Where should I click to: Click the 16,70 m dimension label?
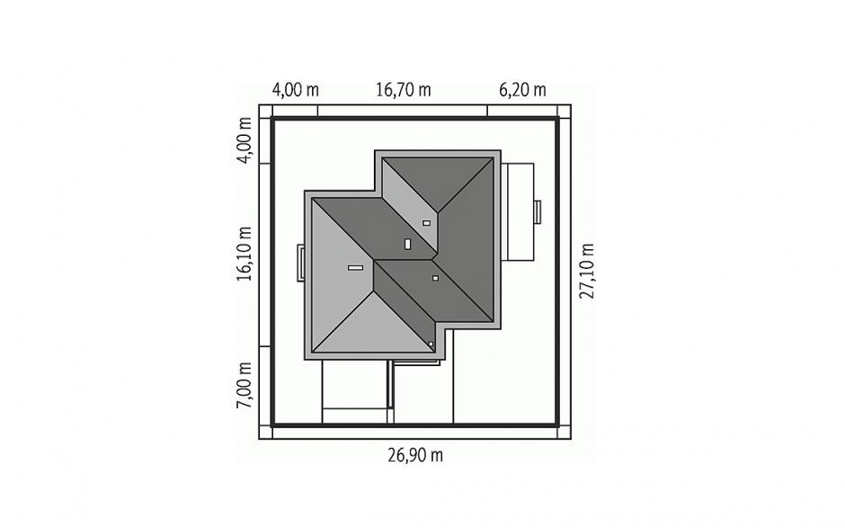pyautogui.click(x=403, y=90)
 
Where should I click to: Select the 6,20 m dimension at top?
pyautogui.click(x=522, y=90)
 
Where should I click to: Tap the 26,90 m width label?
pyautogui.click(x=415, y=455)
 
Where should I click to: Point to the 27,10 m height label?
pyautogui.click(x=586, y=271)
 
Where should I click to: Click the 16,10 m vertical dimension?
pyautogui.click(x=245, y=254)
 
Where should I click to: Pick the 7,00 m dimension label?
pyautogui.click(x=245, y=385)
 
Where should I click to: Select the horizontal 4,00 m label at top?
pyautogui.click(x=296, y=90)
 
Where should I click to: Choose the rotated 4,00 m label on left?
pyautogui.click(x=245, y=140)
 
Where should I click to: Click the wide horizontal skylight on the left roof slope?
pyautogui.click(x=355, y=267)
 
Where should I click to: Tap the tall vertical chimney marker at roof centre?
pyautogui.click(x=407, y=244)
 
